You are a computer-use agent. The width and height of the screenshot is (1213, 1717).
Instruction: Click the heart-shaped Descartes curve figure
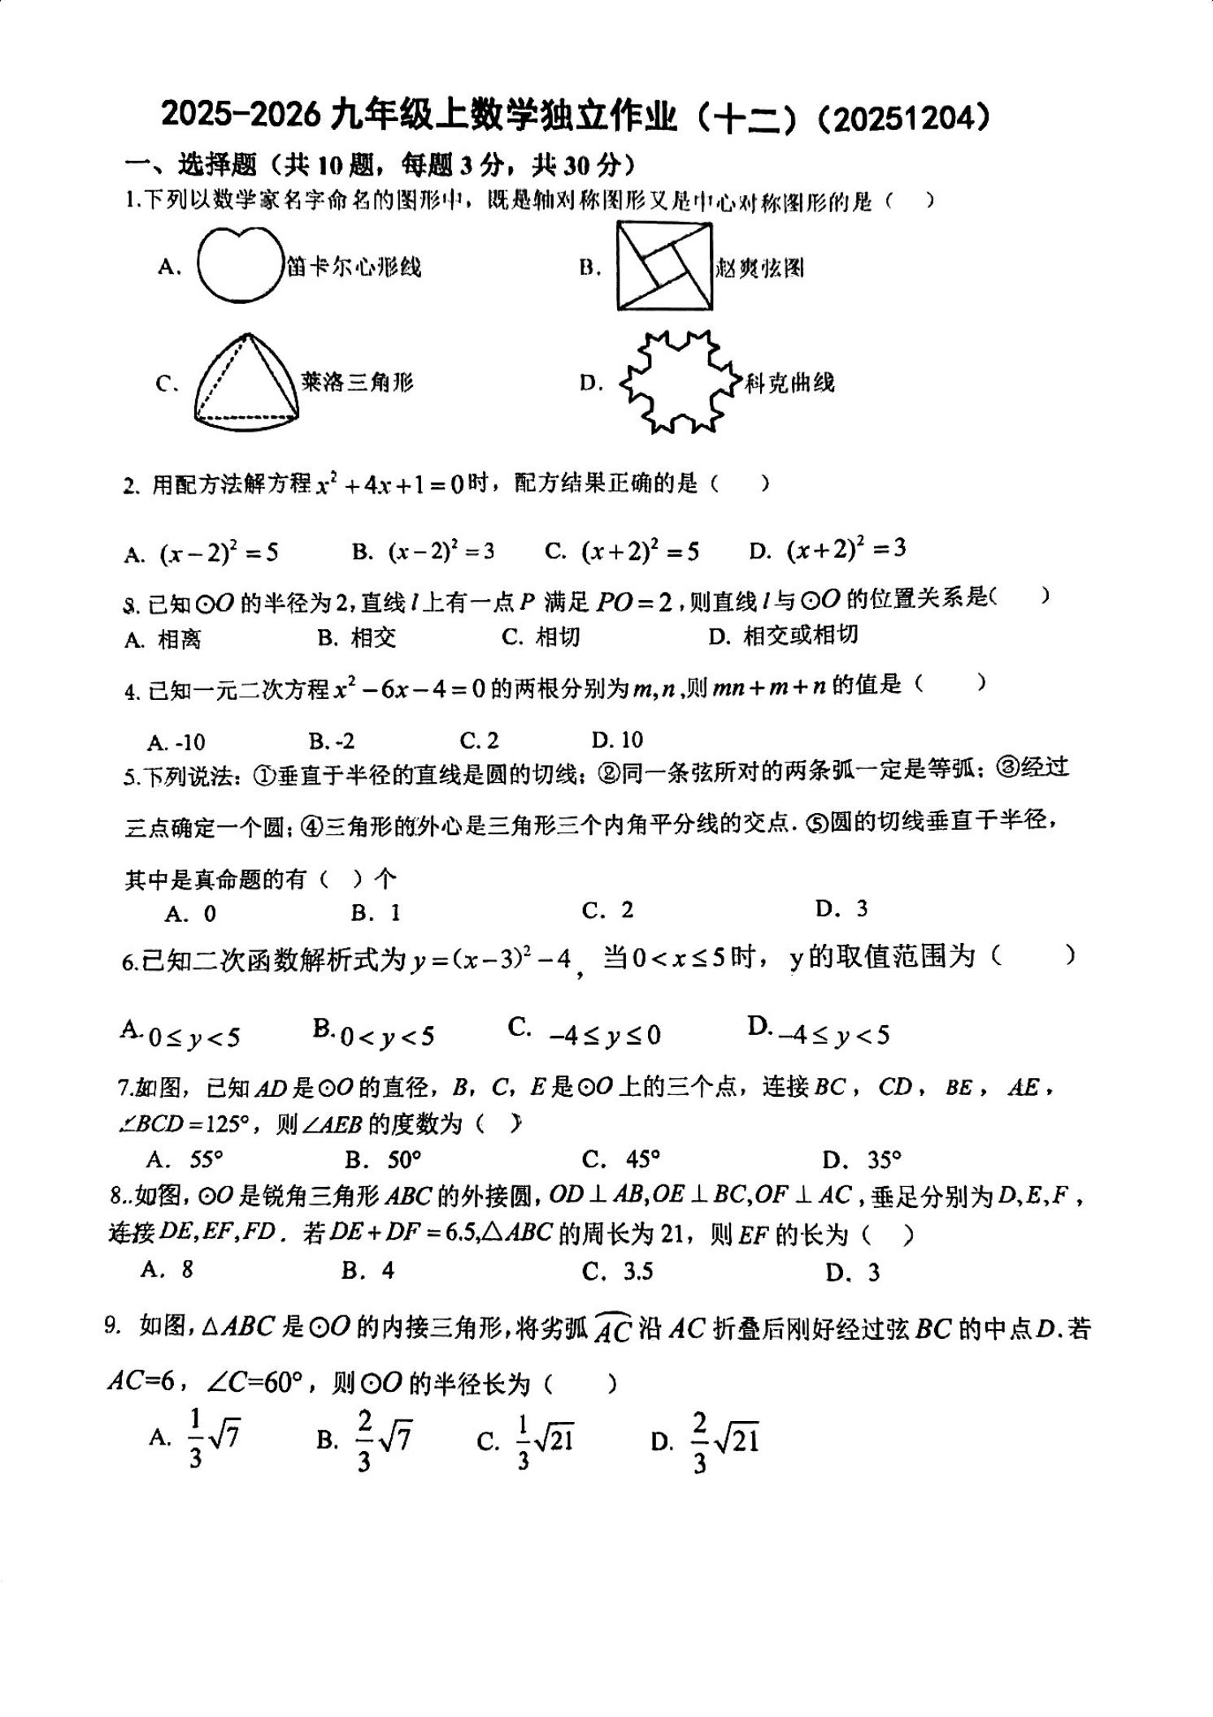238,264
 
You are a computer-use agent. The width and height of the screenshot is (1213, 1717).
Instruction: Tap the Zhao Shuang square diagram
663,266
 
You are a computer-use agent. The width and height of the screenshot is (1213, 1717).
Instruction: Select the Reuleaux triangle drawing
246,379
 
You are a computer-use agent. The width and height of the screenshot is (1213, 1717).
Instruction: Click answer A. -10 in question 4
176,741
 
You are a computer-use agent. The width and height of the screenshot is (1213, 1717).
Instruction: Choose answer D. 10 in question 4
618,740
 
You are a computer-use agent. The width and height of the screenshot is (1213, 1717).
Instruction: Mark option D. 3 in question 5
842,908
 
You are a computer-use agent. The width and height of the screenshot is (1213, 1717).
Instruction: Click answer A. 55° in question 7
186,1158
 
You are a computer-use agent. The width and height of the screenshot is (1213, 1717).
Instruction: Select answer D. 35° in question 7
863,1158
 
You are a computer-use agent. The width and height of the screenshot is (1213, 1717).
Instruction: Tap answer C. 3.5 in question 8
618,1271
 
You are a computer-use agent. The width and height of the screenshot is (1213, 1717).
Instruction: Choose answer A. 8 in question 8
167,1269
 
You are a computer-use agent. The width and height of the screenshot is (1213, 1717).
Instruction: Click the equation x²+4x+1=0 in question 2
390,485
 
